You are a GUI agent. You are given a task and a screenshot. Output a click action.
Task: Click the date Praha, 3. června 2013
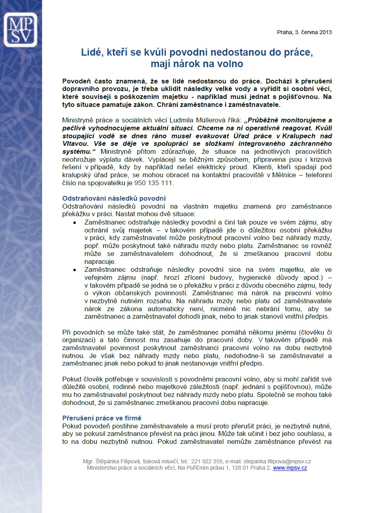pos(304,33)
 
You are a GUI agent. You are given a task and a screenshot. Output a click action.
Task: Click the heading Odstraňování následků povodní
pos(114,198)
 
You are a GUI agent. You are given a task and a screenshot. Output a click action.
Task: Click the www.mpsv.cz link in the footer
pos(290,468)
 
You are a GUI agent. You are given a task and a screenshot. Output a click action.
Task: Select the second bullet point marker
pos(75,270)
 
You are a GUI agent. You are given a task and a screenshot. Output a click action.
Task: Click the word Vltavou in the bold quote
pos(75,143)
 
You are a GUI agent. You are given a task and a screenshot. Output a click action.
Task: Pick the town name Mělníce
pos(273,175)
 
